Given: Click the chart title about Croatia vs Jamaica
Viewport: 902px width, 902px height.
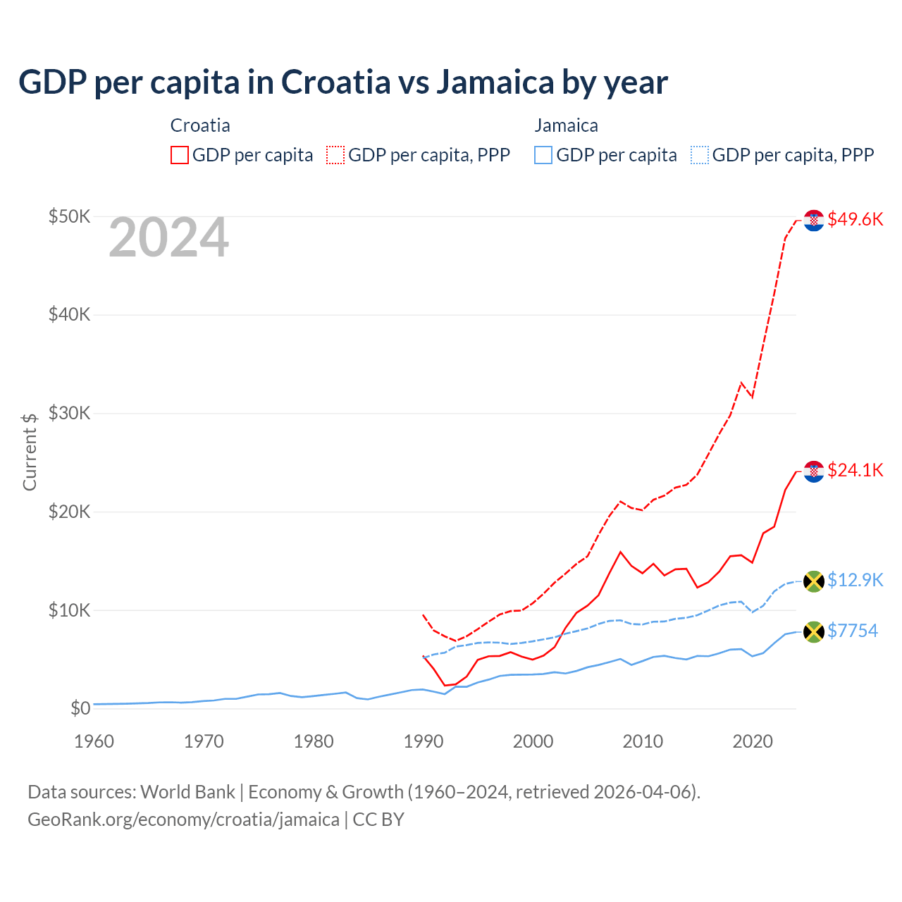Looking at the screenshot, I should (342, 82).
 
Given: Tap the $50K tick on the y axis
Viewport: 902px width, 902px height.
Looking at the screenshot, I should (69, 216).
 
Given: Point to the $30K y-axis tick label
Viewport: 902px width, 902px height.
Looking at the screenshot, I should (69, 413).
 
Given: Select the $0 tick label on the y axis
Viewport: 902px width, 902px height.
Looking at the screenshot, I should (80, 708).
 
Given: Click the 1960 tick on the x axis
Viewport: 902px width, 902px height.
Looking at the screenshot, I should (94, 741).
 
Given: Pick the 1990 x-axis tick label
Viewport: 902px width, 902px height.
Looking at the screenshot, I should (423, 741).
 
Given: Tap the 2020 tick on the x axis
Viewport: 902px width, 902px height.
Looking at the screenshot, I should (753, 741).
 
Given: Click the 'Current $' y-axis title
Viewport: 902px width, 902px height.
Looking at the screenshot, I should (30, 452).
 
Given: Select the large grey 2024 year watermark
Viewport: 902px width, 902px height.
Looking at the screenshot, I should (168, 238).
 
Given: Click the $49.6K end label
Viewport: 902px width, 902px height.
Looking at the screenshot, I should (855, 219).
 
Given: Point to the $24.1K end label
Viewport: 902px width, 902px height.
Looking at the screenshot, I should (855, 470).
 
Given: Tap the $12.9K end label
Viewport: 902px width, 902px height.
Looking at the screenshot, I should (855, 580).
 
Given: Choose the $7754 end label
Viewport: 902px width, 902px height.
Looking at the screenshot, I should (852, 631).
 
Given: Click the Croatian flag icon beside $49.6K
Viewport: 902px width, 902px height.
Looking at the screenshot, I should (814, 221).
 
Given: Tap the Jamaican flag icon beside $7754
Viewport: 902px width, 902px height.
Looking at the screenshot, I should (814, 631).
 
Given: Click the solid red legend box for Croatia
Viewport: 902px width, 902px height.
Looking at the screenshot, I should (180, 155).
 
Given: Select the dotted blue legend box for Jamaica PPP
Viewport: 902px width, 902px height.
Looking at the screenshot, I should (700, 155).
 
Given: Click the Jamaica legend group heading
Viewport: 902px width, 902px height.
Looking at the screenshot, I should (566, 125).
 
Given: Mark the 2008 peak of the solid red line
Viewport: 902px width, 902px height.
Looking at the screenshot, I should (620, 552).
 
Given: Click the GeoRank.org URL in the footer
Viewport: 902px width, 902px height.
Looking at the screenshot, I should (183, 820).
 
